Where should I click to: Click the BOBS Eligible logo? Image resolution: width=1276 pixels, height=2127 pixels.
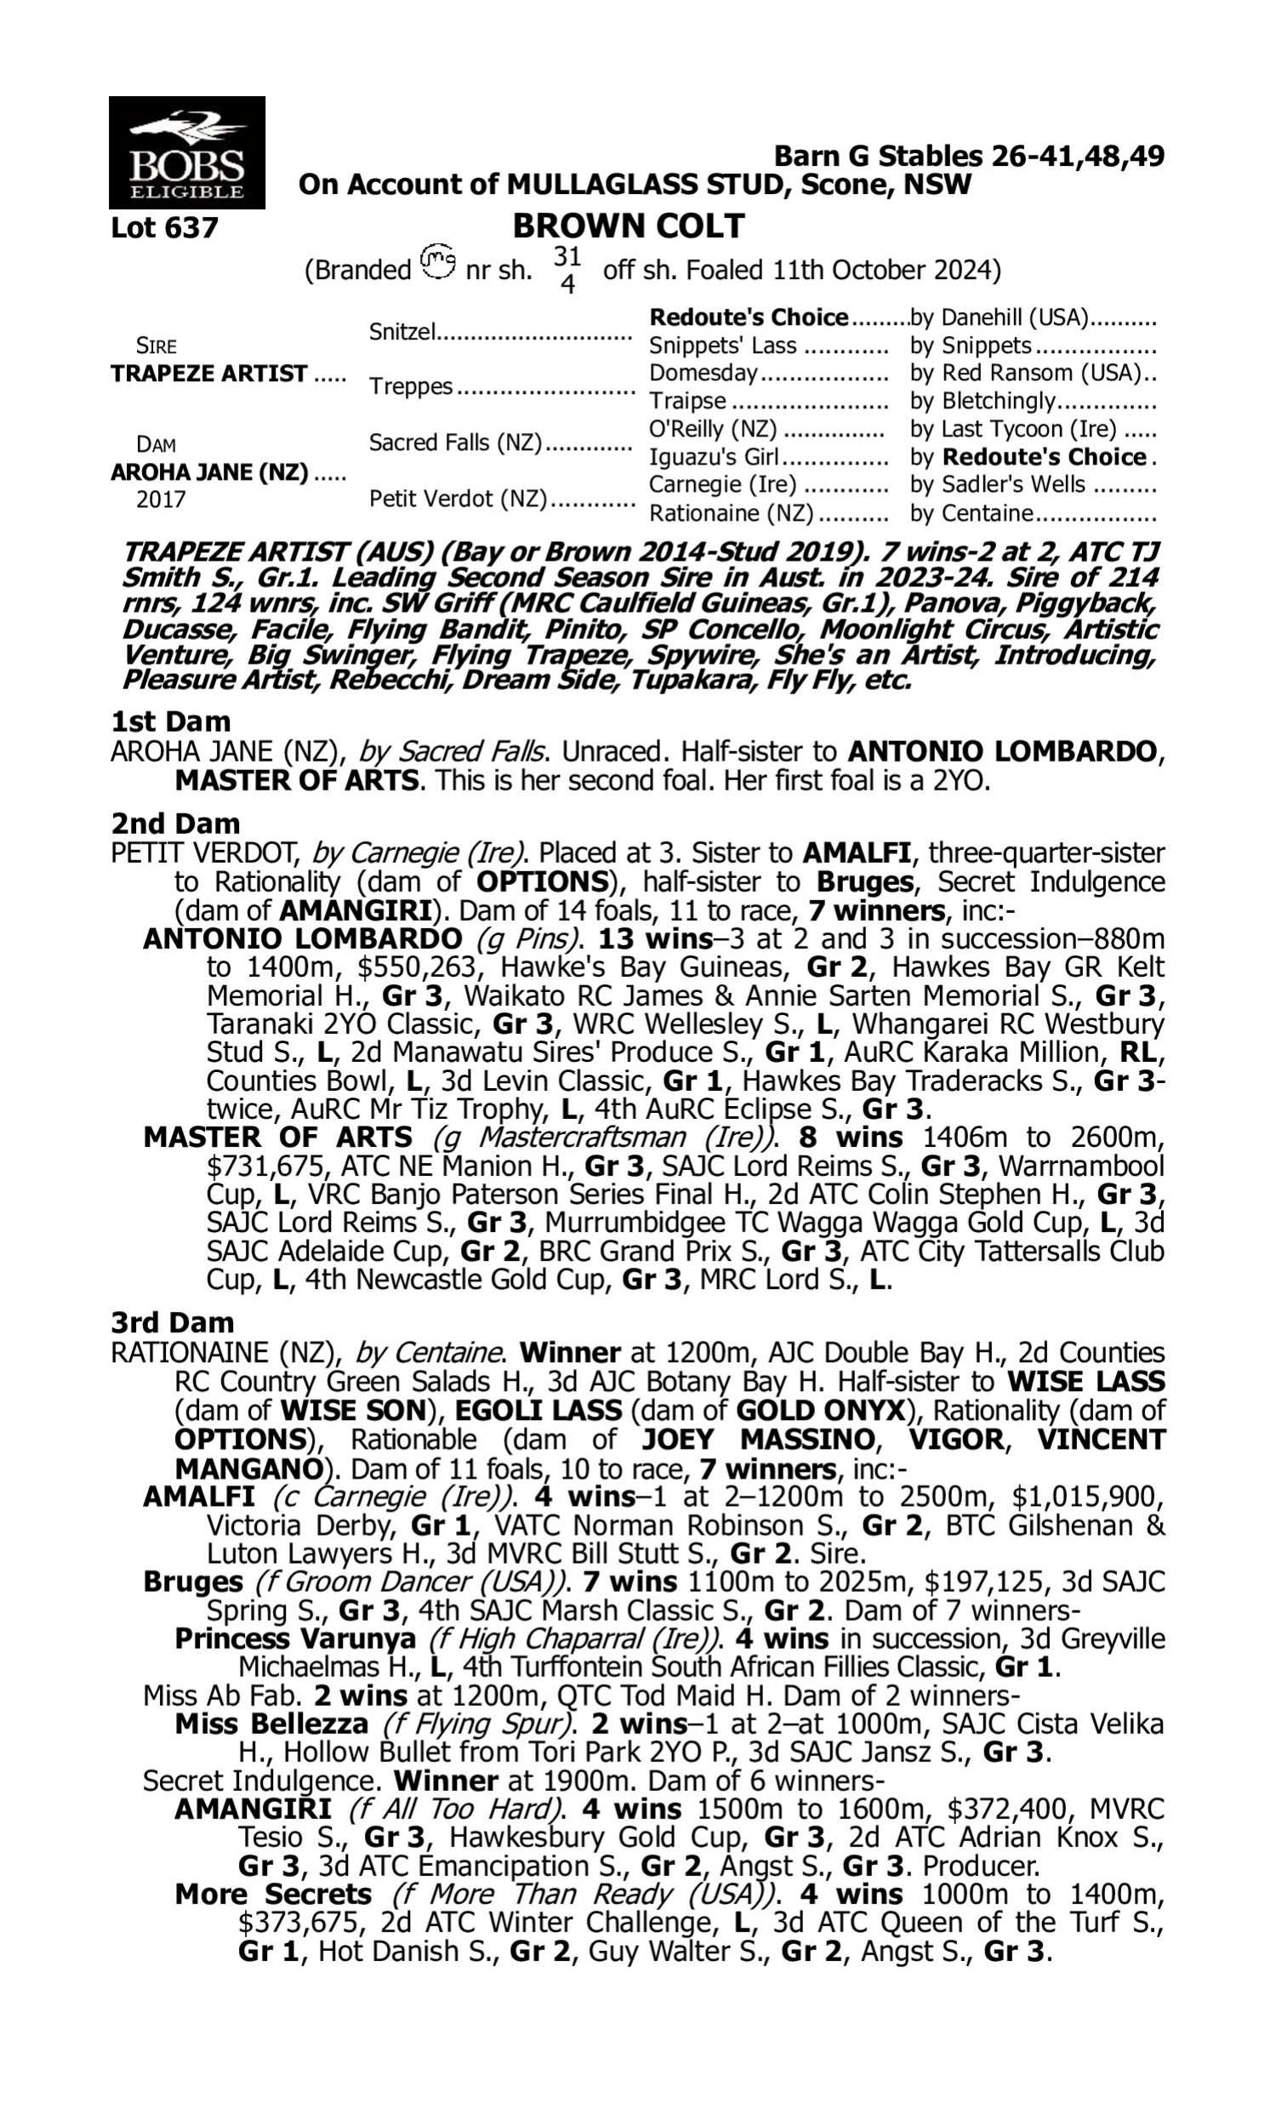(x=186, y=152)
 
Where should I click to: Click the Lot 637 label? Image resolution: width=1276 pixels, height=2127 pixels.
(x=164, y=228)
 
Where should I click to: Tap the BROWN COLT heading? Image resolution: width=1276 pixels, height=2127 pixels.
(x=628, y=226)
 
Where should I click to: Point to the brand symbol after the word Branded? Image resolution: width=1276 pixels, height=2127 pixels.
(x=438, y=260)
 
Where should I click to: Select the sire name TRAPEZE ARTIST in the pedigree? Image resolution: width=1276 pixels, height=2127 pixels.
(x=209, y=374)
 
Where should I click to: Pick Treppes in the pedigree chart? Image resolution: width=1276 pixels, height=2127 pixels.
(x=410, y=387)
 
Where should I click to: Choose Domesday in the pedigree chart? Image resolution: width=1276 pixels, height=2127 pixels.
(x=704, y=374)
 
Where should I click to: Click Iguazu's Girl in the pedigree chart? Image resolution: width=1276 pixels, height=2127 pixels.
(x=713, y=457)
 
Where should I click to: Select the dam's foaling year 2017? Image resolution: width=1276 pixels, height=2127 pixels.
(x=161, y=499)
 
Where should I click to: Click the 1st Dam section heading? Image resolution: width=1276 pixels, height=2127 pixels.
(x=171, y=721)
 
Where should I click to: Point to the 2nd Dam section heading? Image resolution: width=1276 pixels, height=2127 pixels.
(x=175, y=824)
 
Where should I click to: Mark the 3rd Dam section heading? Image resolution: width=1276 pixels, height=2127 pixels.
(x=173, y=1322)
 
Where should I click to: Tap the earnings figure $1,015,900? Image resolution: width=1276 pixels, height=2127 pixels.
(x=1088, y=1497)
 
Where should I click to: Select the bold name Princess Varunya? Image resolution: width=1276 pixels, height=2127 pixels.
(x=295, y=1639)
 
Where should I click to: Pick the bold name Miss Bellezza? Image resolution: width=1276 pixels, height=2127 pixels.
(x=271, y=1724)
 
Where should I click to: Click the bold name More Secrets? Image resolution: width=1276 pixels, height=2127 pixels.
(x=273, y=1894)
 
